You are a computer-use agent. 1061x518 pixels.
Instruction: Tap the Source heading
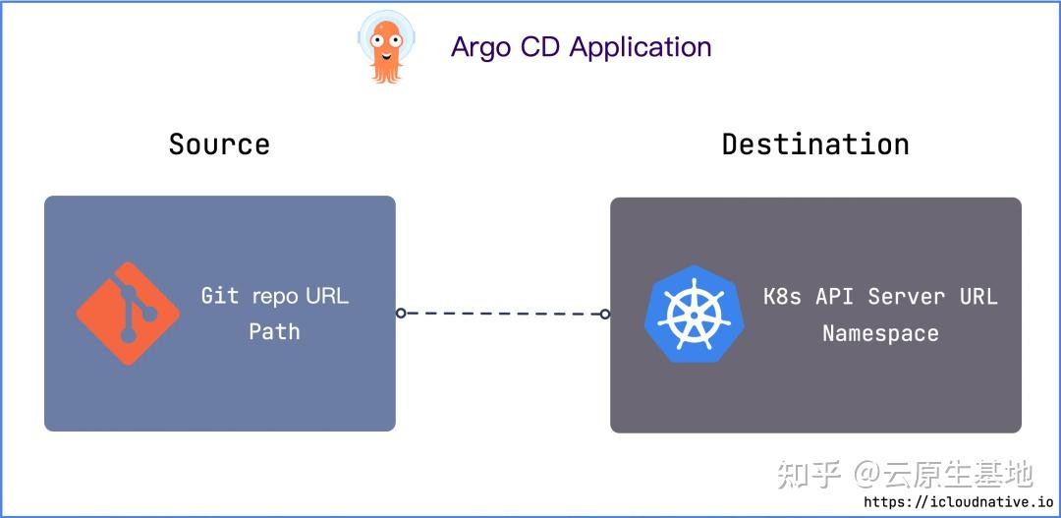tap(219, 144)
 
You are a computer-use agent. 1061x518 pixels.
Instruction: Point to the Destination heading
tap(815, 144)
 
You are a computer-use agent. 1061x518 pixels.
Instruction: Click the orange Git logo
tap(128, 315)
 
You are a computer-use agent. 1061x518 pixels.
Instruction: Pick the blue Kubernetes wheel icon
tap(695, 314)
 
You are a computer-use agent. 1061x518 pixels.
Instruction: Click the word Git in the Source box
tap(220, 295)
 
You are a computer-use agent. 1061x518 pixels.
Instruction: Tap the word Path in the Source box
tap(274, 331)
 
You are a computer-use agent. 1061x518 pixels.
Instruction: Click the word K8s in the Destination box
tap(782, 296)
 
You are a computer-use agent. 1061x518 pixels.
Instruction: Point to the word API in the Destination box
tap(835, 296)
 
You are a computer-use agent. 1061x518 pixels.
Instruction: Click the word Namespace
tap(880, 333)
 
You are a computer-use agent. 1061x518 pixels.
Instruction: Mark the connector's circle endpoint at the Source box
tap(401, 313)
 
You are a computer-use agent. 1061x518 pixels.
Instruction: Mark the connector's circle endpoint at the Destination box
tap(605, 315)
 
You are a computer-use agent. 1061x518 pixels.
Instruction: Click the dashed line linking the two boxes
tap(503, 314)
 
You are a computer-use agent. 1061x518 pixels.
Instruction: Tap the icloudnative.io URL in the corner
tap(958, 502)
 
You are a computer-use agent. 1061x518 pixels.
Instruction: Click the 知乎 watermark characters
tap(810, 475)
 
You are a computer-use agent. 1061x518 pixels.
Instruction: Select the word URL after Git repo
tap(326, 295)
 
